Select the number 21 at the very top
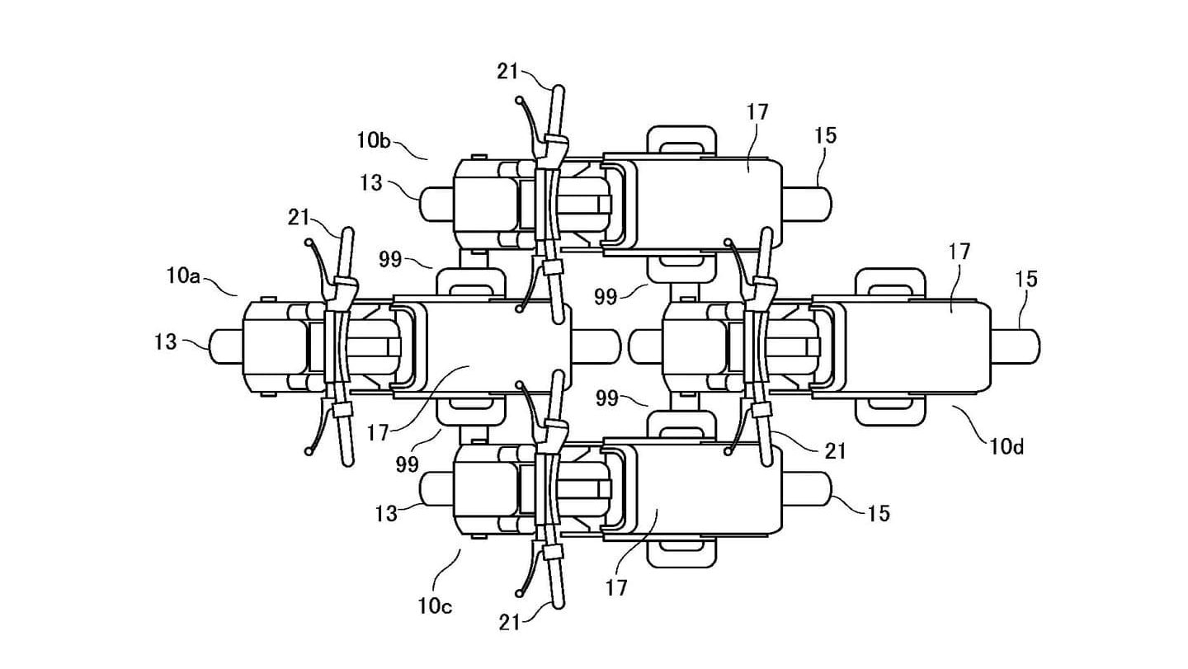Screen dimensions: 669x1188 tap(507, 71)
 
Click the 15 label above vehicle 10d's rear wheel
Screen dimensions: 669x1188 tap(1025, 279)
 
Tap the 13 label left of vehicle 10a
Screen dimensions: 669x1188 tap(165, 340)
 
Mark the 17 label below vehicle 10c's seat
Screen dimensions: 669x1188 tap(615, 587)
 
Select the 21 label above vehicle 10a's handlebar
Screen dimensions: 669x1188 tap(299, 218)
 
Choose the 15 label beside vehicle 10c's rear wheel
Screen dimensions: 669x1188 tap(879, 513)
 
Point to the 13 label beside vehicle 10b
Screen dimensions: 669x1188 tap(371, 182)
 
